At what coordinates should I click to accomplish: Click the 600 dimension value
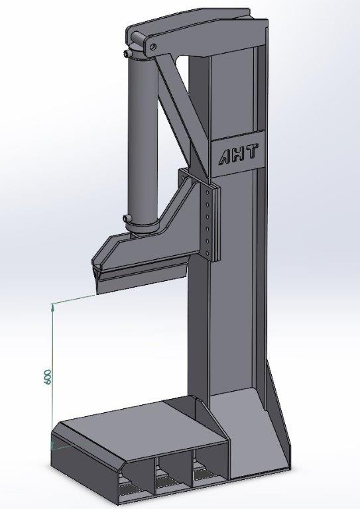coord(47,376)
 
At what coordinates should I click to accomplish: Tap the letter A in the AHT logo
coord(226,156)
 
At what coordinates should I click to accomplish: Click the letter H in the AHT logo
coord(239,154)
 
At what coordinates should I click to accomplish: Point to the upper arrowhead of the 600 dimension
coord(52,307)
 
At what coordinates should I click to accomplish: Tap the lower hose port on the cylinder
coord(127,218)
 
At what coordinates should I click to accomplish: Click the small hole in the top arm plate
coord(153,46)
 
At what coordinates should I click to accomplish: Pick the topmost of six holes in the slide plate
coord(206,192)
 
